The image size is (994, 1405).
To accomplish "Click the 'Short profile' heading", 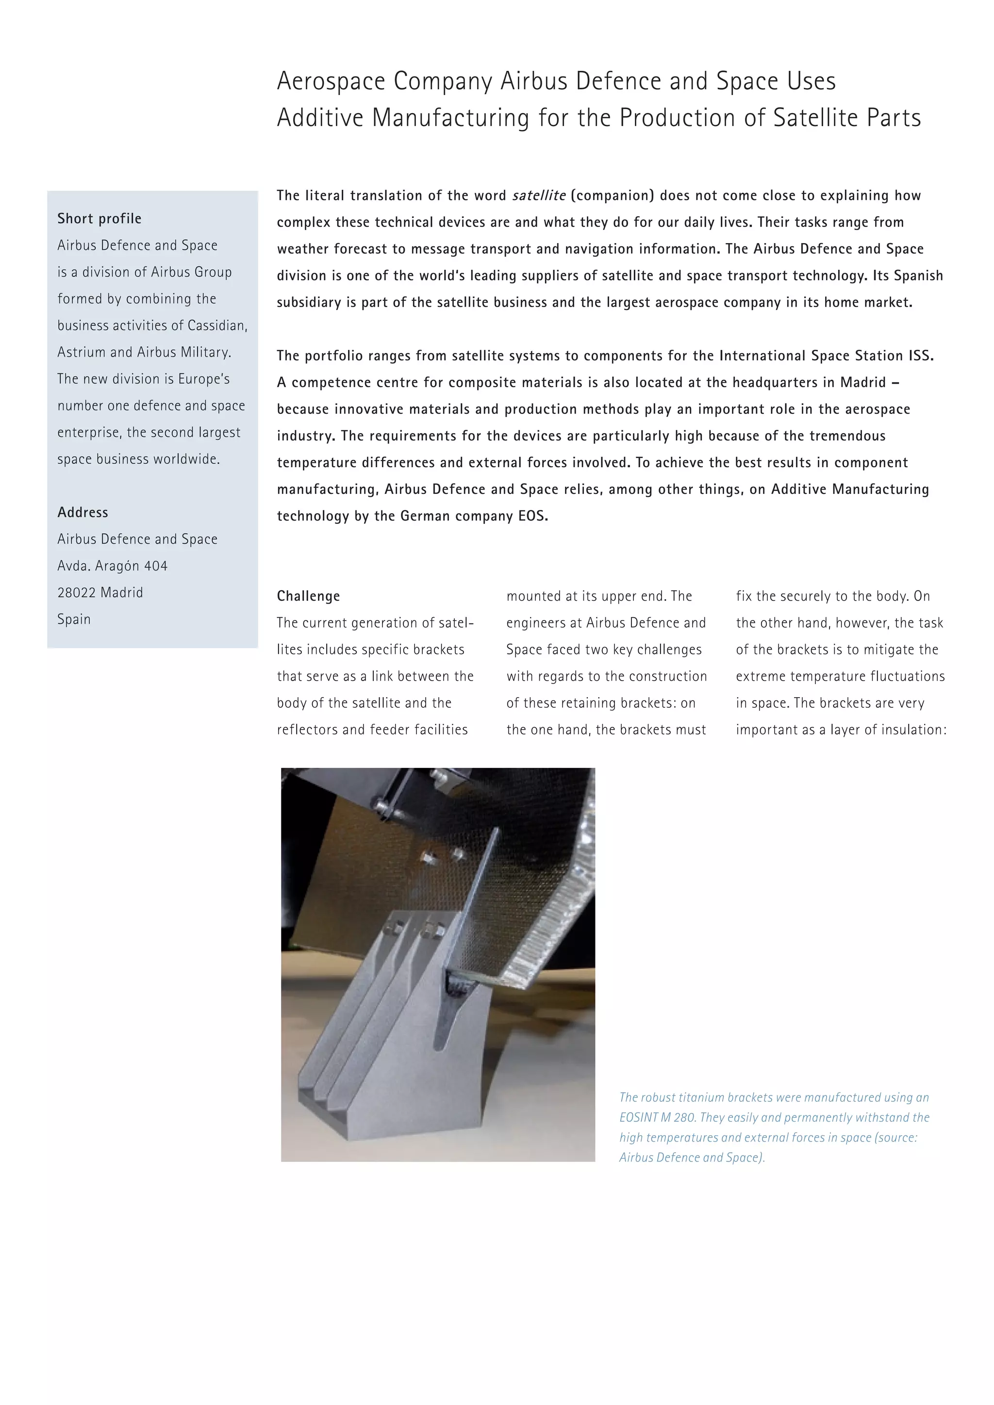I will click(x=99, y=218).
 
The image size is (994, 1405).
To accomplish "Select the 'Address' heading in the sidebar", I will click(x=83, y=512).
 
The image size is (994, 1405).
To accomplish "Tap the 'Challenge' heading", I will click(x=308, y=596).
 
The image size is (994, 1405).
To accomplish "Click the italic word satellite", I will click(x=539, y=195).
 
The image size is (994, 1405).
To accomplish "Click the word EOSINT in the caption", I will click(x=638, y=1117).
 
